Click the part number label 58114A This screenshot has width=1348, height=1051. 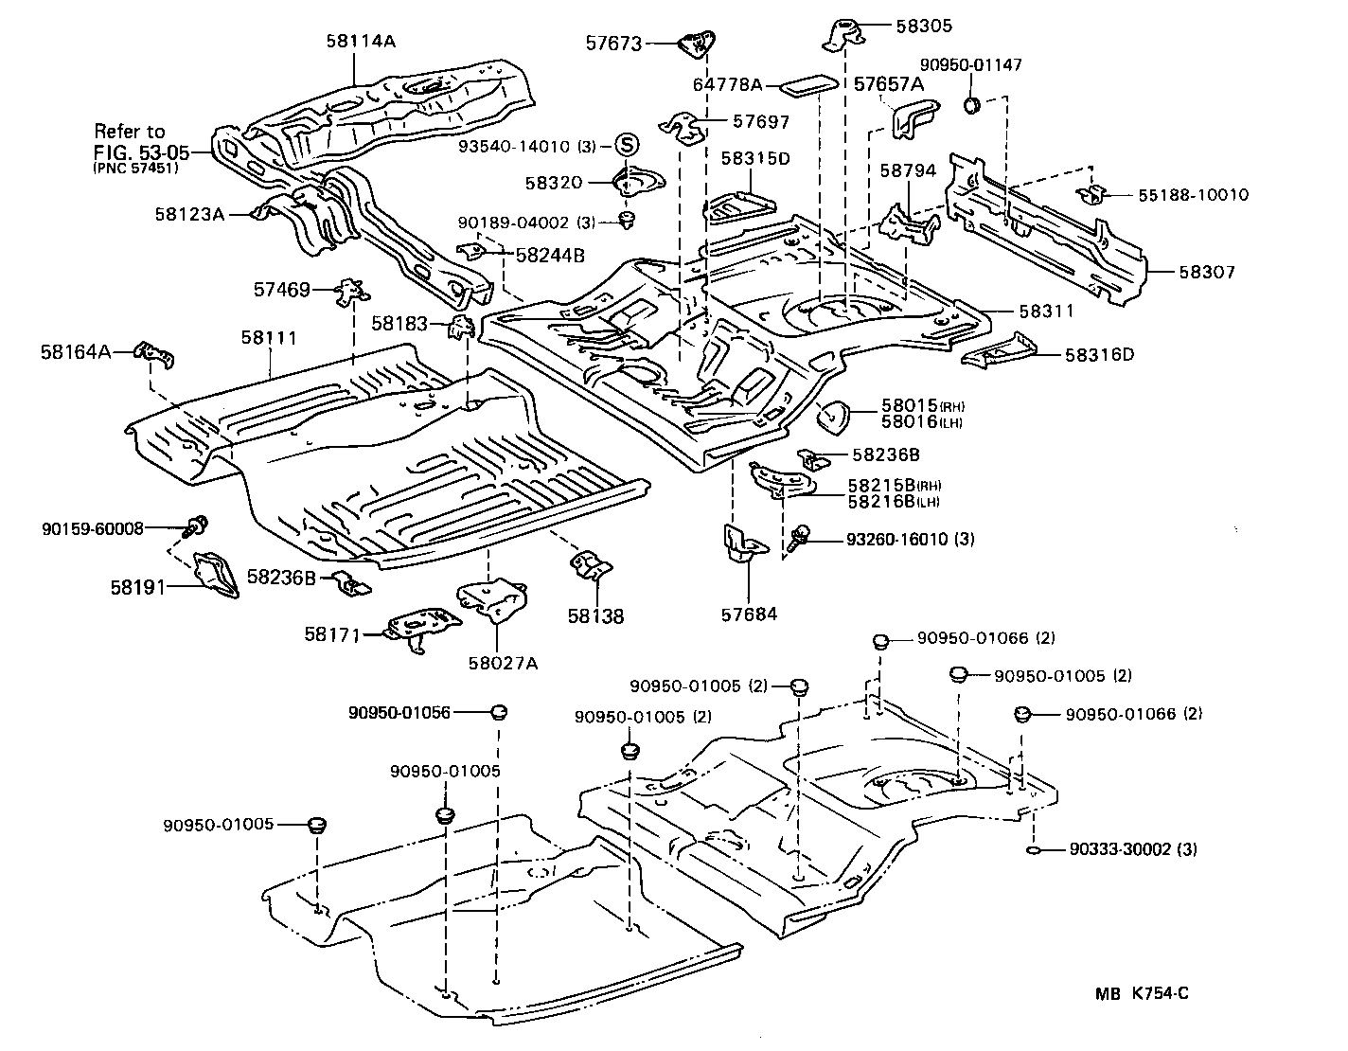tap(361, 41)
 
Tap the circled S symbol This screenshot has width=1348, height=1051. tap(626, 145)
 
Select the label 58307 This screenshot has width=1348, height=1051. tap(1207, 272)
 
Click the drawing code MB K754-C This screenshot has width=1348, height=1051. tap(1142, 993)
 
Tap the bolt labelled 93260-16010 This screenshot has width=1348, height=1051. tap(799, 539)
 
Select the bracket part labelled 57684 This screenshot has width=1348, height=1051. tap(741, 547)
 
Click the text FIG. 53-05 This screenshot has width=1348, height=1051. tap(140, 151)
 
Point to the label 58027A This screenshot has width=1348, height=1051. tap(502, 663)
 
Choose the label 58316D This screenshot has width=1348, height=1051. tap(1099, 355)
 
